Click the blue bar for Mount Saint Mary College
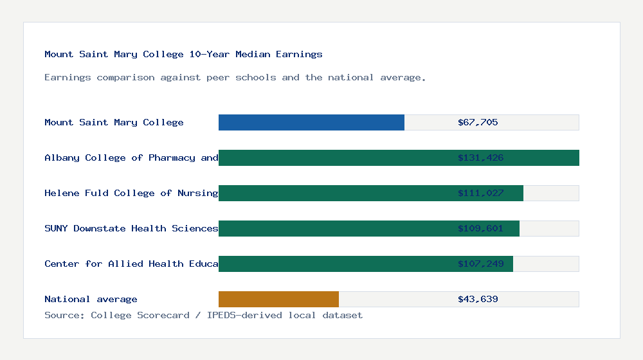[x=311, y=122]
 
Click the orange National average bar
[x=278, y=299]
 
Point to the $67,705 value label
[x=478, y=122]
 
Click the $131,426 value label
[x=480, y=157]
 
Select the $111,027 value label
[x=480, y=193]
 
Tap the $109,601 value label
[x=480, y=228]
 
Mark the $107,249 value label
[x=480, y=264]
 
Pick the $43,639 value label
[x=478, y=299]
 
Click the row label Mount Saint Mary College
[x=114, y=122]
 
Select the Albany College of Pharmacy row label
[x=131, y=157]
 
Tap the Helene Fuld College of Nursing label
[x=131, y=193]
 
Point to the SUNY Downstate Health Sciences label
[x=131, y=228]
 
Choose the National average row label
[x=91, y=299]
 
